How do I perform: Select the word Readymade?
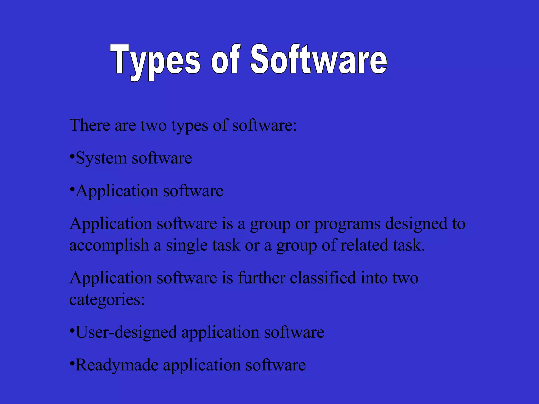coord(117,365)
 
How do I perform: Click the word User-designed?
coord(126,332)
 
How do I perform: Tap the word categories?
coord(107,300)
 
